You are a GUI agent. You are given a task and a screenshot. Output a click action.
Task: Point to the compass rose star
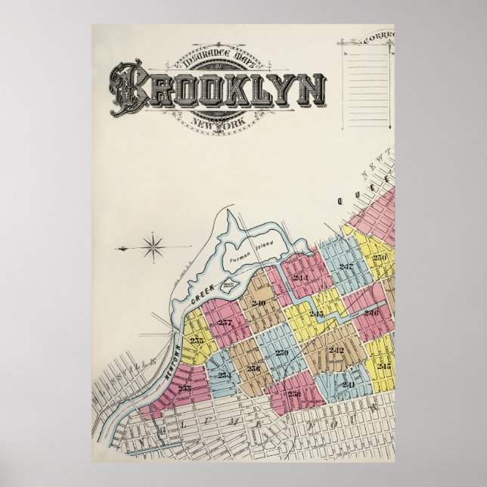pos(154,247)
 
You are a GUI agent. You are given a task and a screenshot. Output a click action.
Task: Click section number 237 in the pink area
pos(225,323)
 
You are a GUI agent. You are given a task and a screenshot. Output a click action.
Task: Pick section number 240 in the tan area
pos(259,303)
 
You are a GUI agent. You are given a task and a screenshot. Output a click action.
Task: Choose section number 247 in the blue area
pos(346,267)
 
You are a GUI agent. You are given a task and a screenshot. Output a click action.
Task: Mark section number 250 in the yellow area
pos(379,258)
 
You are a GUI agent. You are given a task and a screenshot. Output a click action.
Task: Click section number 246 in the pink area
pos(371,312)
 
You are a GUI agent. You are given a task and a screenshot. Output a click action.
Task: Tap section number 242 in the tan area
pos(336,349)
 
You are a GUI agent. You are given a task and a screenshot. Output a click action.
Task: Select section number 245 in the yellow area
pos(383,366)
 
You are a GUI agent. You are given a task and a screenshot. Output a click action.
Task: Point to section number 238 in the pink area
pos(294,393)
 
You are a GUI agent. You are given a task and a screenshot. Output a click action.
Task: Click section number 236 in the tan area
pos(253,368)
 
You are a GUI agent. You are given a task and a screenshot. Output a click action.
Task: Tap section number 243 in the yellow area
pos(316,313)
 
